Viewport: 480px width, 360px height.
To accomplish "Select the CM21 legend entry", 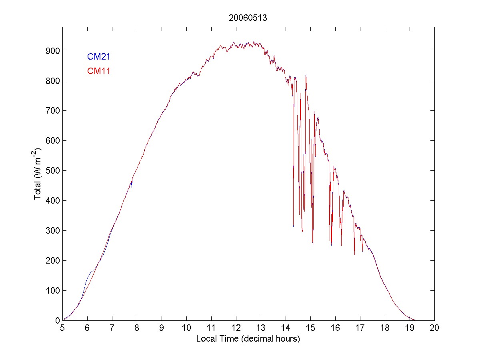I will click(x=98, y=57).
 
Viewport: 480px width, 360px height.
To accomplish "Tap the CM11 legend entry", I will click(x=98, y=71).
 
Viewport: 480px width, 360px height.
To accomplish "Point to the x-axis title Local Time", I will click(x=248, y=339).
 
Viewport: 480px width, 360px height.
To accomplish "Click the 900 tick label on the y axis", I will click(x=52, y=51).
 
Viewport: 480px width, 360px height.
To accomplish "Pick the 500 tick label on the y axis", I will click(x=52, y=171).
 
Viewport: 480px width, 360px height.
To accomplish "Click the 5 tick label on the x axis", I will click(x=62, y=328).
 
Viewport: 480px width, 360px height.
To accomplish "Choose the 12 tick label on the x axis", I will click(x=236, y=328).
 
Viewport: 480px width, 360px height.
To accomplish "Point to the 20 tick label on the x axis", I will click(x=434, y=328).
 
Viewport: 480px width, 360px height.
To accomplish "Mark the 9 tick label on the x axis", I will click(x=162, y=328).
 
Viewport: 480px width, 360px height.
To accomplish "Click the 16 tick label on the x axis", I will click(x=335, y=328).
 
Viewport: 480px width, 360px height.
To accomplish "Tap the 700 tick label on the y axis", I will click(x=52, y=111).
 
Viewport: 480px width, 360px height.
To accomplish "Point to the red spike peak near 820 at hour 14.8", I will click(x=306, y=76).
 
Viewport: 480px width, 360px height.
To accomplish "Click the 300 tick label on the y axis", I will click(x=52, y=230).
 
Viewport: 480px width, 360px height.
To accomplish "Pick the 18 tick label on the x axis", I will click(x=385, y=328).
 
